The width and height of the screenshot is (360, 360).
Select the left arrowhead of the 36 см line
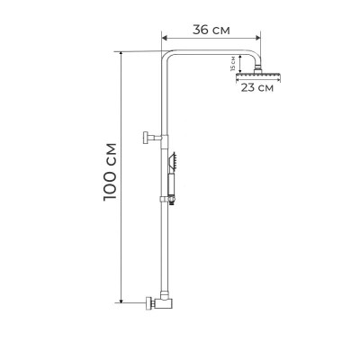tap(164, 39)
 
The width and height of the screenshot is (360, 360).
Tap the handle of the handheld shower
tap(167, 184)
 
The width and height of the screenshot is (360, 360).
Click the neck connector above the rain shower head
tap(258, 66)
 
